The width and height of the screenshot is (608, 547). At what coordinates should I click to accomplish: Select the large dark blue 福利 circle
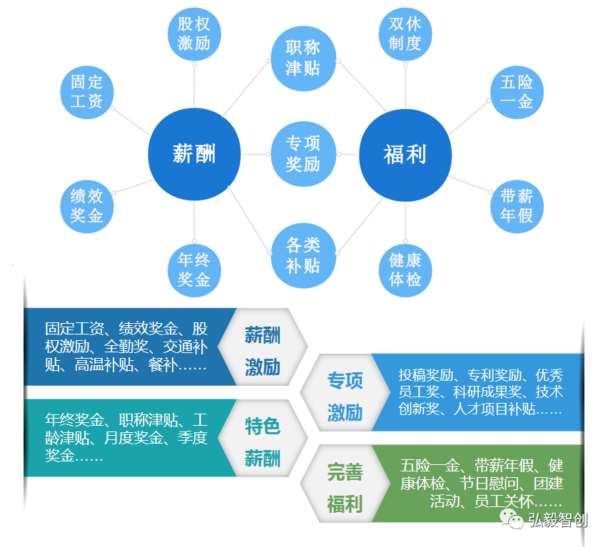click(405, 154)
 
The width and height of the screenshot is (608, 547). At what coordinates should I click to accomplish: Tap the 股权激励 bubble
click(194, 34)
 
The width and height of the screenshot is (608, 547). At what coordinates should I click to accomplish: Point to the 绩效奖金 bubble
click(87, 205)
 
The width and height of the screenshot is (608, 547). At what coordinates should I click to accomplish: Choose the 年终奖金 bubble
click(194, 269)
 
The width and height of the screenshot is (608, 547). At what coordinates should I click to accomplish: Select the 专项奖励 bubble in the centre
click(303, 153)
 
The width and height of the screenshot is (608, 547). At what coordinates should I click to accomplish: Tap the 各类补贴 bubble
click(303, 255)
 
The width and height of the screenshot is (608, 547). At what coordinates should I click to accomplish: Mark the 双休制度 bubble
click(405, 34)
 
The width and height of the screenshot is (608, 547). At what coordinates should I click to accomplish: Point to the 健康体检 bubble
click(405, 269)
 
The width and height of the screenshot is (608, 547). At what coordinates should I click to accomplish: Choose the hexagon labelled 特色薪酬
click(263, 442)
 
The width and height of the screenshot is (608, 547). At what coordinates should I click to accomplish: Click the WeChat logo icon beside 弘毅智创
click(511, 519)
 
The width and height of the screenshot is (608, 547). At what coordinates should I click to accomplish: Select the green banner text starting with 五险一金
click(482, 483)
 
